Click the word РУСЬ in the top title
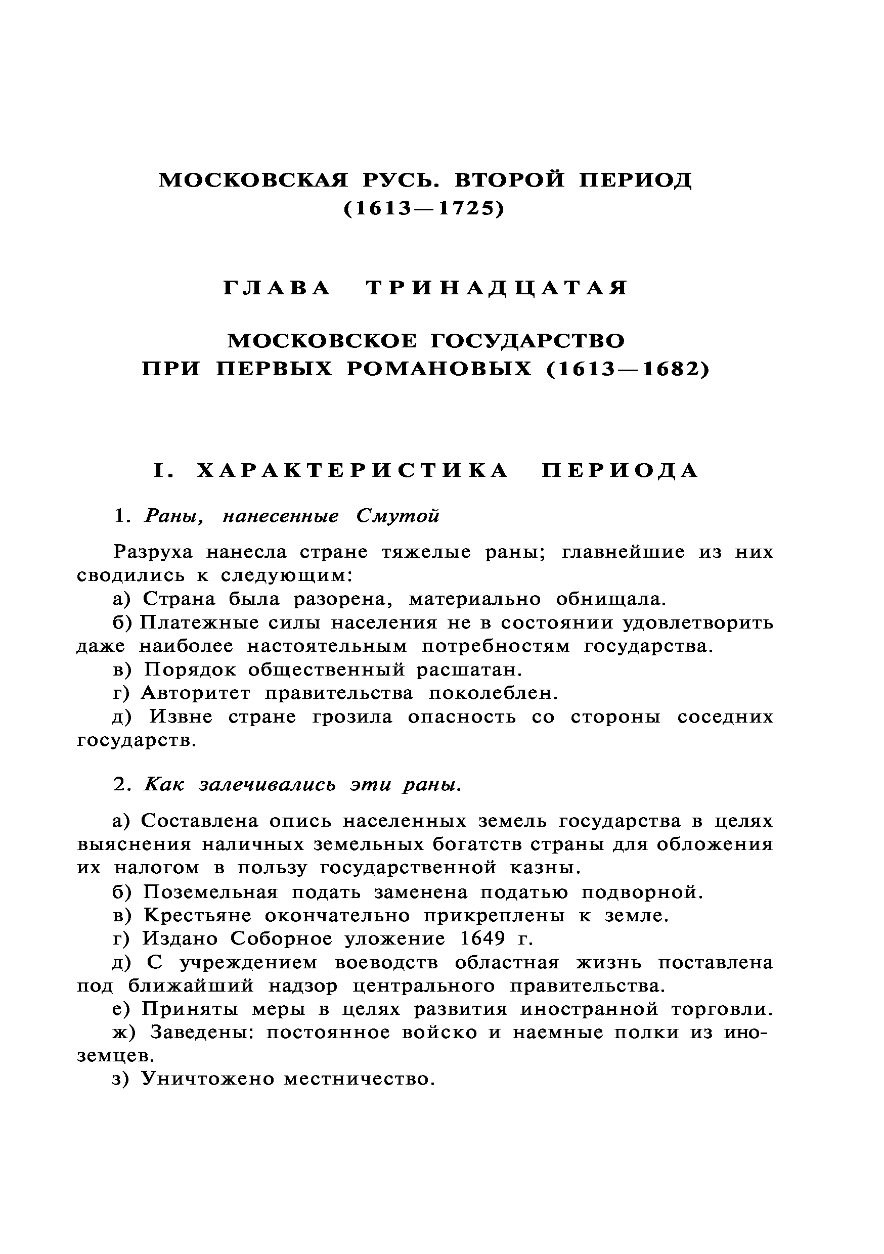tap(400, 180)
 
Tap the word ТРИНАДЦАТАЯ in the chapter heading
tap(497, 288)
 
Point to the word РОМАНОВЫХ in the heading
tap(439, 370)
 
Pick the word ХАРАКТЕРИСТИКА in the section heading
tap(352, 470)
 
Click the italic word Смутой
tap(397, 516)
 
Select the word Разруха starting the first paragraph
tap(153, 552)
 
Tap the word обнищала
tap(611, 599)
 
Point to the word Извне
tap(181, 716)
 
